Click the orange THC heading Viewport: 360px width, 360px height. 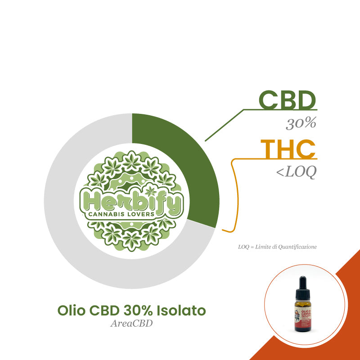coord(288,149)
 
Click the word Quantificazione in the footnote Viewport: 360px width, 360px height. coord(302,247)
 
